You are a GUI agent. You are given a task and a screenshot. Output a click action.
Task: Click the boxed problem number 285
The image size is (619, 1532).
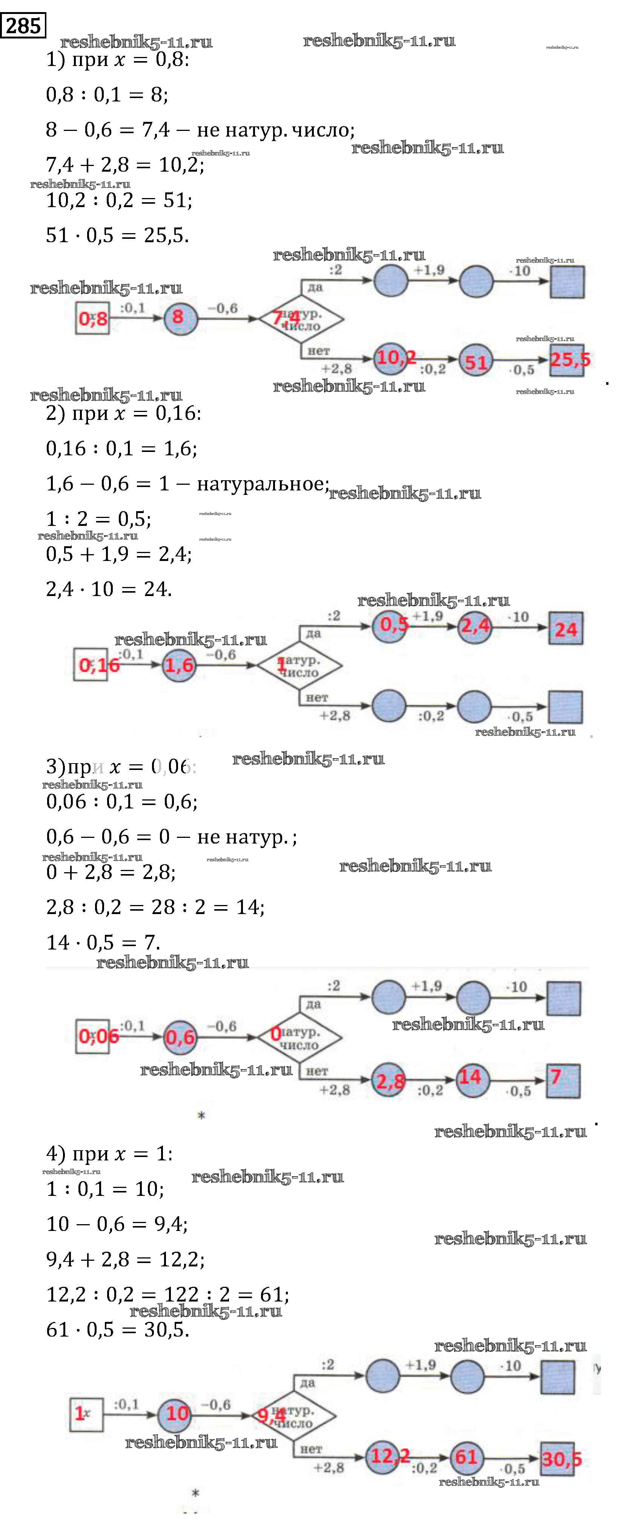tap(23, 26)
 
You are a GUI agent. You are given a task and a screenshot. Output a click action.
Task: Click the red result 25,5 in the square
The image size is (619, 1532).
tap(567, 360)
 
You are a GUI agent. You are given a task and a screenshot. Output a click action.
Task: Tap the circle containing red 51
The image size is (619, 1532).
tap(476, 361)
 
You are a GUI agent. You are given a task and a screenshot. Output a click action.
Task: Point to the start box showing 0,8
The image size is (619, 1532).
tap(92, 318)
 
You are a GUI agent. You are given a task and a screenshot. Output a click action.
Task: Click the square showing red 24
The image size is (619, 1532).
tap(565, 628)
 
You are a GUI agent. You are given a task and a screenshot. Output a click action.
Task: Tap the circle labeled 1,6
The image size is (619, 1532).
tap(179, 665)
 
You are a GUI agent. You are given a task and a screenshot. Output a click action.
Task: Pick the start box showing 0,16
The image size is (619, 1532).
tap(92, 664)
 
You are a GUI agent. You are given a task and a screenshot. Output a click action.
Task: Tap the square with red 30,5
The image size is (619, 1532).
tap(558, 1458)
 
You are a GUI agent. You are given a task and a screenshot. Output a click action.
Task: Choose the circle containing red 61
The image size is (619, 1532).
tap(467, 1457)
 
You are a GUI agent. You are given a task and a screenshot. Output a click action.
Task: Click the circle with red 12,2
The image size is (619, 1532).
tap(383, 1457)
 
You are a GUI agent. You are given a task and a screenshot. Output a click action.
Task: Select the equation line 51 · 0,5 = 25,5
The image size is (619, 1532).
tap(117, 235)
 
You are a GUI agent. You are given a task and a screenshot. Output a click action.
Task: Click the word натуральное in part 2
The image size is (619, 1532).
tap(262, 484)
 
